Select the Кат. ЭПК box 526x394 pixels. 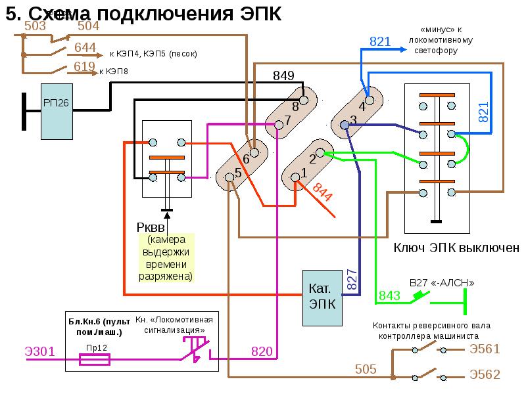click(x=323, y=297)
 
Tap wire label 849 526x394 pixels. click(x=283, y=76)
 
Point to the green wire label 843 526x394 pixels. click(x=389, y=296)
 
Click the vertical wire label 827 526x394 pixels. click(x=351, y=281)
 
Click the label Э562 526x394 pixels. click(x=485, y=375)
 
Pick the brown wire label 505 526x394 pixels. click(x=366, y=369)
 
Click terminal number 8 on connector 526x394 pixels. click(x=295, y=106)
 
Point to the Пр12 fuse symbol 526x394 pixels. click(x=94, y=359)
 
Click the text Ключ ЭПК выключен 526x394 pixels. click(x=456, y=248)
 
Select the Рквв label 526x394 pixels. click(x=151, y=227)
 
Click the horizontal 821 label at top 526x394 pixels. click(x=380, y=42)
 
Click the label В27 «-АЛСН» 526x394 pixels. click(x=441, y=282)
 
